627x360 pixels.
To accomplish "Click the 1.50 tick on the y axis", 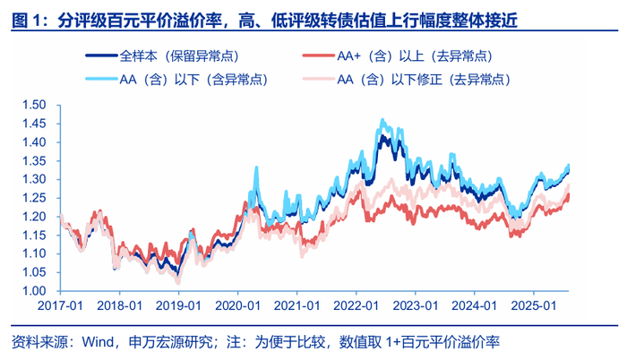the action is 34,105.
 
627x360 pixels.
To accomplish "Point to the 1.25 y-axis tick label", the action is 34,198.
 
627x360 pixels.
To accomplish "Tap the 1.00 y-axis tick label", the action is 34,291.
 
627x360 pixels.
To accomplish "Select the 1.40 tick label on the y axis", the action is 34,142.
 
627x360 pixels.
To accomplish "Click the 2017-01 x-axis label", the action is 60,305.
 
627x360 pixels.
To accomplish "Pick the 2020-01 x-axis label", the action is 237,305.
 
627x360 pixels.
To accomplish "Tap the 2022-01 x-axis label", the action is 356,305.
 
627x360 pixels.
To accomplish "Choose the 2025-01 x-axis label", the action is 534,305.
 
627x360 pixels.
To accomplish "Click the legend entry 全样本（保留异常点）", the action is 162,56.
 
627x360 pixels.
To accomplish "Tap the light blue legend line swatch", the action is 101,79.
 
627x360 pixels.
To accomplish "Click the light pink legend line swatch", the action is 318,79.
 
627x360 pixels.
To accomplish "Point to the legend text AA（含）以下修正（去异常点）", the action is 425,80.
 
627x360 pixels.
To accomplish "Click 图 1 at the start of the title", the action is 26,21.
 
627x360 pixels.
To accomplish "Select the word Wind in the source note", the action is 98,342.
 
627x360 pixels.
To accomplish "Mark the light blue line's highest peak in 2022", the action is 382,120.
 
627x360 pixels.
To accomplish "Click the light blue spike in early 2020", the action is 256,167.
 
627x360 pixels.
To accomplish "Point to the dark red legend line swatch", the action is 318,56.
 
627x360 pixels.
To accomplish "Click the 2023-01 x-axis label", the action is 416,305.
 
